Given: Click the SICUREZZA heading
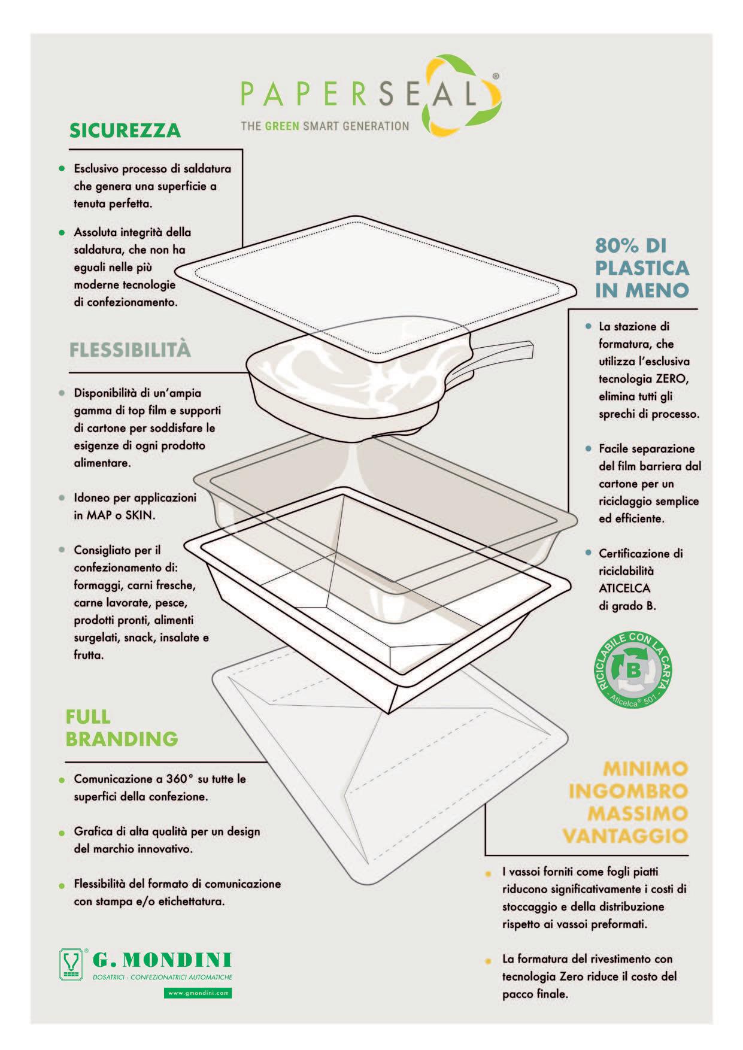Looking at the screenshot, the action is pyautogui.click(x=125, y=131).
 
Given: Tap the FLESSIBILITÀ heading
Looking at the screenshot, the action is pyautogui.click(x=130, y=350).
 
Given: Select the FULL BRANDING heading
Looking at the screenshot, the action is pyautogui.click(x=122, y=727).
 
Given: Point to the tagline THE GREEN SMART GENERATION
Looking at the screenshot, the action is pyautogui.click(x=325, y=126).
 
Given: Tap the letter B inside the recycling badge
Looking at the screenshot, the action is pyautogui.click(x=632, y=669).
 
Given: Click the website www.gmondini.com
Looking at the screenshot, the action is pyautogui.click(x=198, y=993).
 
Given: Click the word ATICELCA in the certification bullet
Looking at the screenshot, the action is pyautogui.click(x=624, y=588).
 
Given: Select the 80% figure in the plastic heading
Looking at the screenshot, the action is pyautogui.click(x=615, y=245).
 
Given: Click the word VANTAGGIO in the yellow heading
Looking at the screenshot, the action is pyautogui.click(x=625, y=836).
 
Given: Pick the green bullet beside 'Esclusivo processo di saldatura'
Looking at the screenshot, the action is pyautogui.click(x=61, y=169).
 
